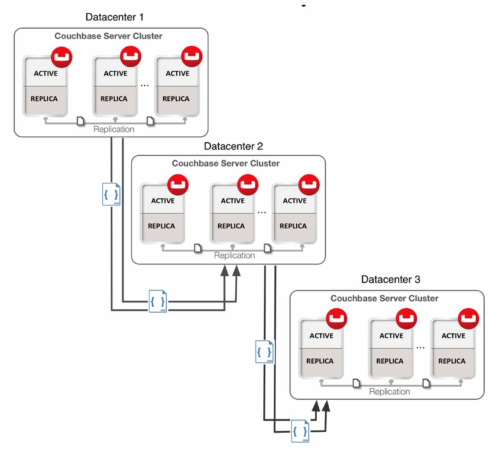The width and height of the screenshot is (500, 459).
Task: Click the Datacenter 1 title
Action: pyautogui.click(x=114, y=17)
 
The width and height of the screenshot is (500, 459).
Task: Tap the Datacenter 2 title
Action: pyautogui.click(x=233, y=146)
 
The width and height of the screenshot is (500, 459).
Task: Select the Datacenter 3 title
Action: pyautogui.click(x=390, y=280)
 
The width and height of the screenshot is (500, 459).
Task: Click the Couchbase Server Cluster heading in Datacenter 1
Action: pyautogui.click(x=108, y=36)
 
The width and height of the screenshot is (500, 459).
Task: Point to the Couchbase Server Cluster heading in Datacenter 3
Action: pyautogui.click(x=384, y=298)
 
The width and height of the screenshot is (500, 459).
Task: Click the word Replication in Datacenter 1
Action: pyautogui.click(x=114, y=129)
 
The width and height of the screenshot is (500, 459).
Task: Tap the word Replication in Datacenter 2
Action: pyautogui.click(x=234, y=255)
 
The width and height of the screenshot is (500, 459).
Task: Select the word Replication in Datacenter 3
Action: pyautogui.click(x=389, y=391)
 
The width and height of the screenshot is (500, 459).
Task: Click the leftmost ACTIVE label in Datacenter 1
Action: pyautogui.click(x=46, y=73)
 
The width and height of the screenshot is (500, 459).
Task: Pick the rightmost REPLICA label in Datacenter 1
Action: pyautogui.click(x=176, y=99)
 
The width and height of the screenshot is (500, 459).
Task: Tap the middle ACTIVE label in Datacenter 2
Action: pyautogui.click(x=232, y=201)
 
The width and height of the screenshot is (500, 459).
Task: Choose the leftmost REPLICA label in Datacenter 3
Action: pyautogui.click(x=320, y=361)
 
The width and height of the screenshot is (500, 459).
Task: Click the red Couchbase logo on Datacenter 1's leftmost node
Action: pyautogui.click(x=61, y=57)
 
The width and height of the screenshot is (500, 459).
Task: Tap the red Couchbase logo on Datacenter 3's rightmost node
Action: pyautogui.click(x=468, y=318)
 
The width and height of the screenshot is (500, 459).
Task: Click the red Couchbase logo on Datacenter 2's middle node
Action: pyautogui.click(x=247, y=185)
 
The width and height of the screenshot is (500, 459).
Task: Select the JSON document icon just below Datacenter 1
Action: pyautogui.click(x=111, y=194)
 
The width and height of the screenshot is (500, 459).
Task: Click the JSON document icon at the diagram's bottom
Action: pyautogui.click(x=300, y=431)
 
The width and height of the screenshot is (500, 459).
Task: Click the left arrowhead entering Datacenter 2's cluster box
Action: pyautogui.click(x=224, y=271)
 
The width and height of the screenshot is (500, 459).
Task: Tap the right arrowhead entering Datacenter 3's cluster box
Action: pyautogui.click(x=326, y=406)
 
